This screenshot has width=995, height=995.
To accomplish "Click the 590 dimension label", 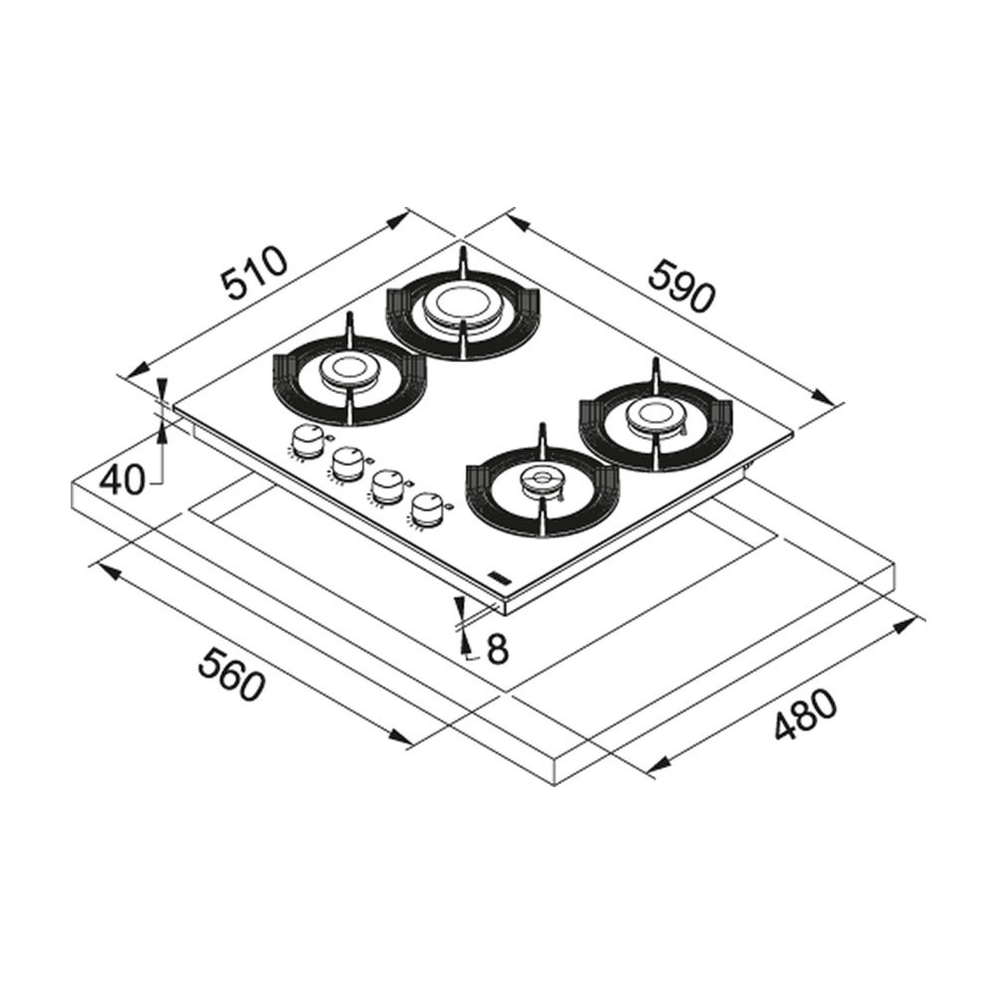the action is [683, 286].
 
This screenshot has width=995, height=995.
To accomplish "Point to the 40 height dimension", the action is [122, 480].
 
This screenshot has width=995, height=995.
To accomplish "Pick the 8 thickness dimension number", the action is [497, 649].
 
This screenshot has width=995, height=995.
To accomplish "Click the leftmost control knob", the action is [306, 441].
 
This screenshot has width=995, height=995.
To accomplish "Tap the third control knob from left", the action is [387, 487].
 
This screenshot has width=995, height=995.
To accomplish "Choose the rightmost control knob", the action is [427, 509].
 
